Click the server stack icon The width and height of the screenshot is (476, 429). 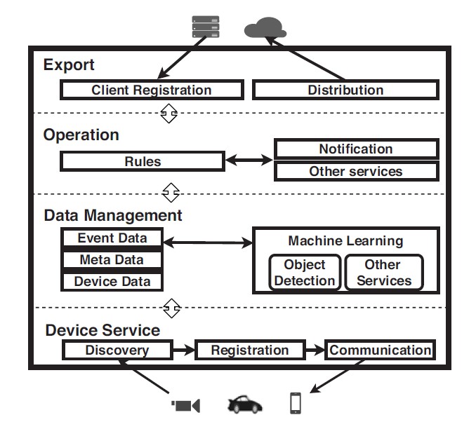(206, 27)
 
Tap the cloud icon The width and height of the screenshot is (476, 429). (265, 27)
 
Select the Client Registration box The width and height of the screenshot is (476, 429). (152, 90)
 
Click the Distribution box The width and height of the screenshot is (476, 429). (346, 90)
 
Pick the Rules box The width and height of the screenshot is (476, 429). (143, 161)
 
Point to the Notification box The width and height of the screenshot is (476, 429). (357, 149)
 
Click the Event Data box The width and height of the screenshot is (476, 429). (112, 238)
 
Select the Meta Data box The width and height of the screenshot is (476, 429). (112, 260)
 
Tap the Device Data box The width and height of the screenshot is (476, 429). (112, 281)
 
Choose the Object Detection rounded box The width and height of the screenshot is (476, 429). (305, 272)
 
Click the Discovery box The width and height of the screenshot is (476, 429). (117, 350)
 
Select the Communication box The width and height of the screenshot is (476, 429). (380, 350)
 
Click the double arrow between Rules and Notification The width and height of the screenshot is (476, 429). (249, 160)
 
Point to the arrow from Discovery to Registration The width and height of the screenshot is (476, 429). (184, 350)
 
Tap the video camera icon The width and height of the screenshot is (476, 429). (185, 406)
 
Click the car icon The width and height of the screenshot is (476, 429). (245, 404)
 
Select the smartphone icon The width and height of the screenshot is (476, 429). (296, 403)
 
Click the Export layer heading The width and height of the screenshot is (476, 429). (69, 65)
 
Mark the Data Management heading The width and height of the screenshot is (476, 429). (113, 216)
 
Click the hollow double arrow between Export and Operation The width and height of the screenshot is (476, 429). (168, 114)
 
